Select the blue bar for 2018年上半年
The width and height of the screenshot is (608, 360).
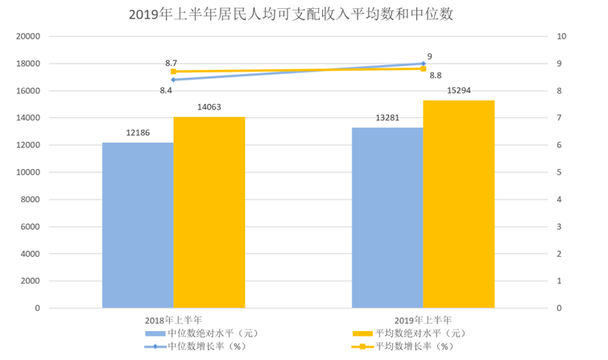click(138, 226)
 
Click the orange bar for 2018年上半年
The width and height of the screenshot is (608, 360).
click(209, 213)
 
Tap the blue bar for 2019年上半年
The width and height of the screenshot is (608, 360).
click(387, 217)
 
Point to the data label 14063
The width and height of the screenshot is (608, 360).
click(209, 107)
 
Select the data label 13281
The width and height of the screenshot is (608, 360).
click(387, 118)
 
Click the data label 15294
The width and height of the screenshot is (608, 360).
click(459, 90)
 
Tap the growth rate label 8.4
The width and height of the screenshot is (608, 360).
click(166, 91)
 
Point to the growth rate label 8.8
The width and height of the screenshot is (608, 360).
click(435, 76)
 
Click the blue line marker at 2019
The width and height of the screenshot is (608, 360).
click(423, 64)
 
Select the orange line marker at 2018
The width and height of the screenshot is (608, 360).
click(173, 72)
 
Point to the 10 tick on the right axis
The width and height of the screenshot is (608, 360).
click(561, 37)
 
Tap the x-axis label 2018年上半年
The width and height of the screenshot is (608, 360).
click(173, 320)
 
